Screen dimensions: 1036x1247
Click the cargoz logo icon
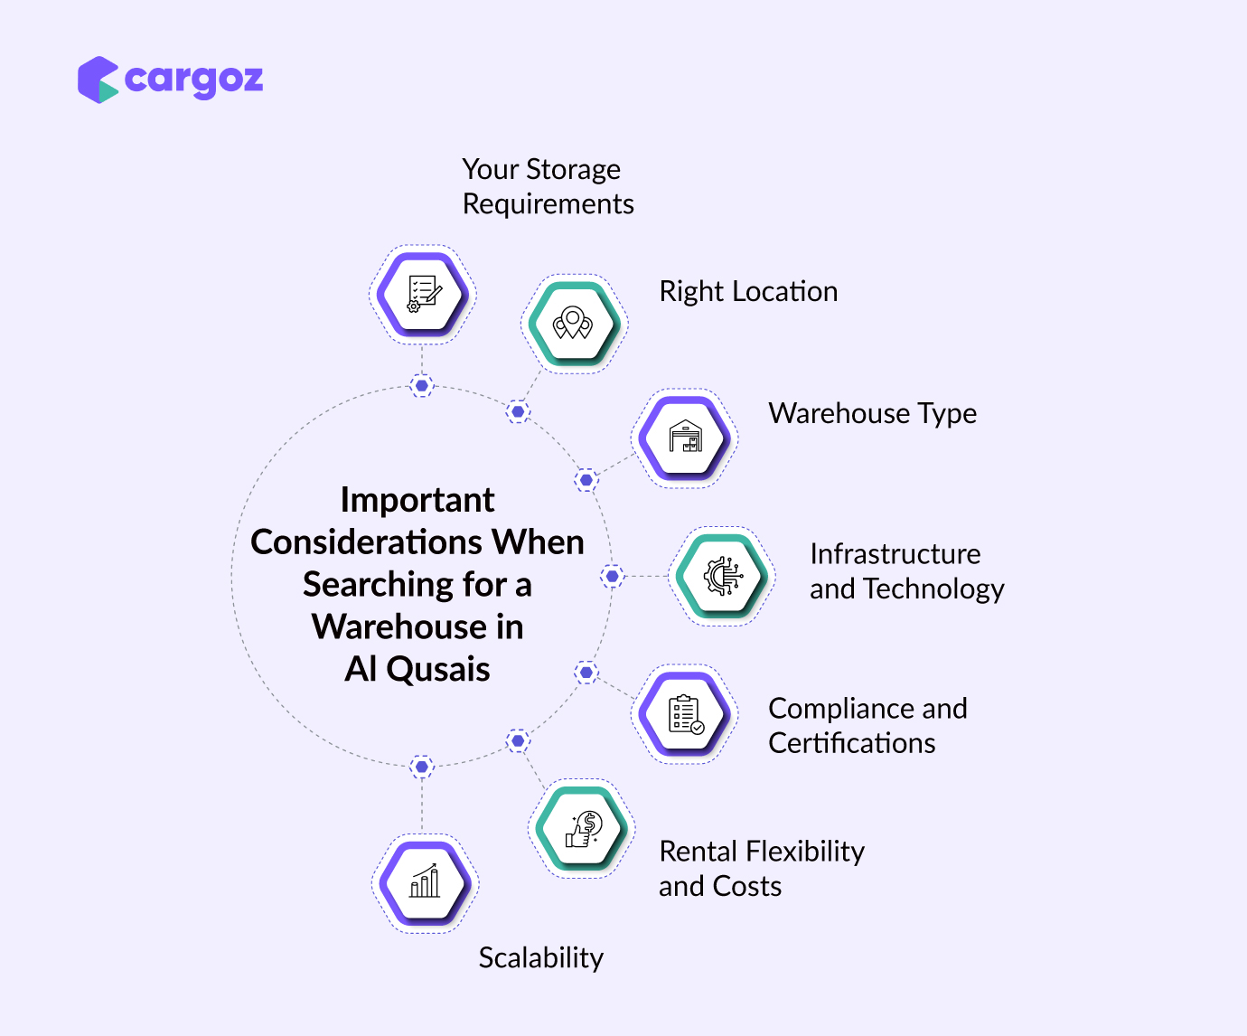[98, 80]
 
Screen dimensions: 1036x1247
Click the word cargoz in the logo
[193, 80]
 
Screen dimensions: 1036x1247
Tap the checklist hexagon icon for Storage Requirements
[422, 294]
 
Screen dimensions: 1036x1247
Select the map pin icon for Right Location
[573, 323]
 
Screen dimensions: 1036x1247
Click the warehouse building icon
[685, 438]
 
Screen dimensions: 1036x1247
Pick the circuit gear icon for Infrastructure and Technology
[722, 576]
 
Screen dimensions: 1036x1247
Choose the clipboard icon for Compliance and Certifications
[685, 714]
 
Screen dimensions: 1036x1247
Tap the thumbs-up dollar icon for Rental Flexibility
[582, 828]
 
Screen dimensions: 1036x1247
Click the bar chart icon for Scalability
[425, 883]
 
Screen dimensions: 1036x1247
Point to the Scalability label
[540, 957]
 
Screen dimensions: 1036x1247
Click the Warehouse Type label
[872, 413]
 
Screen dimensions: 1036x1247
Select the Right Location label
[748, 291]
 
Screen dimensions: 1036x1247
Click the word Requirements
[548, 204]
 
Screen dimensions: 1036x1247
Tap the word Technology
[933, 589]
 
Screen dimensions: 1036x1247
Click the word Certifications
[851, 743]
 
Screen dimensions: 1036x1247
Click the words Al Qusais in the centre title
[417, 669]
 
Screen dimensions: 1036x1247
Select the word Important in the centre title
[417, 500]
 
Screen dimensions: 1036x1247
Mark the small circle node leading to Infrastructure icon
[612, 576]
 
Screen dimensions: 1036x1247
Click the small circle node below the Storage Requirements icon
[421, 385]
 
